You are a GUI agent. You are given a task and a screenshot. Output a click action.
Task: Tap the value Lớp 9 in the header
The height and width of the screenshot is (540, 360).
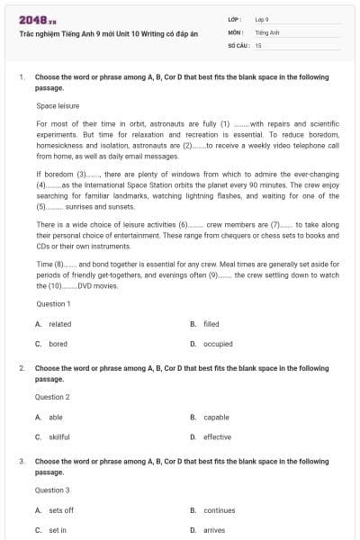pyautogui.click(x=262, y=19)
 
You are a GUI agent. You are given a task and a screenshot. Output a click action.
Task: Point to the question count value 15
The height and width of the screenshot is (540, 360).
pyautogui.click(x=258, y=44)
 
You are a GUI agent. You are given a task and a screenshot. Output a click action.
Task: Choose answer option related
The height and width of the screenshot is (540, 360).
pyautogui.click(x=60, y=324)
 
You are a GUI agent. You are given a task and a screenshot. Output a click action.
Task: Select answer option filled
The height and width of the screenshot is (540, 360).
pyautogui.click(x=211, y=324)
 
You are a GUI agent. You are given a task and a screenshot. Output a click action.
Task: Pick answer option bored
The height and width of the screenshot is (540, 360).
pyautogui.click(x=58, y=344)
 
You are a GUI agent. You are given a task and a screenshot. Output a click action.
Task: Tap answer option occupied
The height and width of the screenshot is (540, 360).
pyautogui.click(x=218, y=344)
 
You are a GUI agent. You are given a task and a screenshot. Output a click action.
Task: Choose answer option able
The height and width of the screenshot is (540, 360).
pyautogui.click(x=56, y=418)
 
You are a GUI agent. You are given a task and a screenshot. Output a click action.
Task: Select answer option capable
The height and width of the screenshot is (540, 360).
pyautogui.click(x=216, y=418)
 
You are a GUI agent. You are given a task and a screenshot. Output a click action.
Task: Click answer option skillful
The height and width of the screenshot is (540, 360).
pyautogui.click(x=59, y=437)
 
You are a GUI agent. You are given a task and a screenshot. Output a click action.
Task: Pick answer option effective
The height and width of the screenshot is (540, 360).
pyautogui.click(x=217, y=437)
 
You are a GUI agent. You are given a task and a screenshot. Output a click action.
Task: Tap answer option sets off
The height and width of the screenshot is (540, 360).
pyautogui.click(x=61, y=510)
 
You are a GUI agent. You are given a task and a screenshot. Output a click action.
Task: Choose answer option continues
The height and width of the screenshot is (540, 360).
pyautogui.click(x=219, y=510)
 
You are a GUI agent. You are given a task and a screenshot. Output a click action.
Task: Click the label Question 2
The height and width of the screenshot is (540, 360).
pyautogui.click(x=52, y=397)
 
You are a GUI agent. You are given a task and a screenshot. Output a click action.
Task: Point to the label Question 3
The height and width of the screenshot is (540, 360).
pyautogui.click(x=52, y=490)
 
